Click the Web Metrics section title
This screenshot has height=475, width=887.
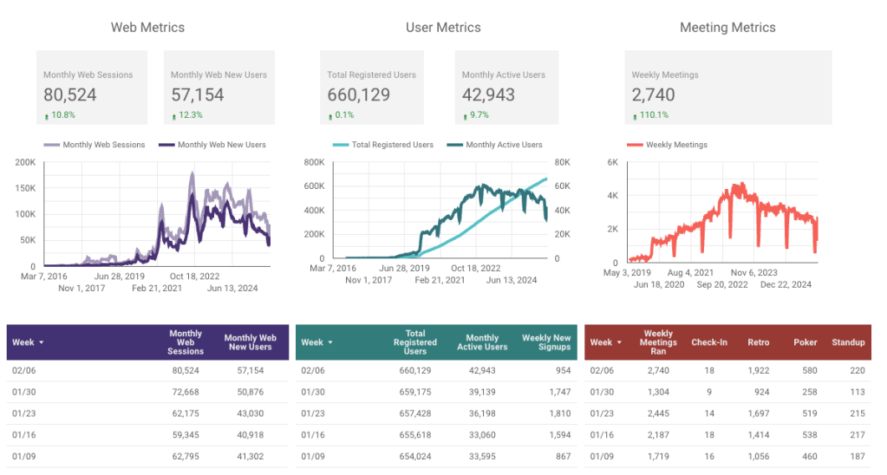pos(147,28)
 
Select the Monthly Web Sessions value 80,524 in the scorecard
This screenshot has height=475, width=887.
pos(70,94)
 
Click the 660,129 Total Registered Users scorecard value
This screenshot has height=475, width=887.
pos(358,94)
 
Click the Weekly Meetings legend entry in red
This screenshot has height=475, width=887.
pos(675,145)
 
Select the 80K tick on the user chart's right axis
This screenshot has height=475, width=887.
pos(562,162)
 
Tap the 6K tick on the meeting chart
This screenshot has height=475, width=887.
pos(611,162)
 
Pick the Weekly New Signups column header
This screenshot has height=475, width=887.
pos(545,342)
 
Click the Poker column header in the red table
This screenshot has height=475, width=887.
pos(805,342)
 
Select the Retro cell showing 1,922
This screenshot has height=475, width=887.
pos(757,370)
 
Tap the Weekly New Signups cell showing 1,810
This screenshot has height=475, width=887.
pos(559,413)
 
